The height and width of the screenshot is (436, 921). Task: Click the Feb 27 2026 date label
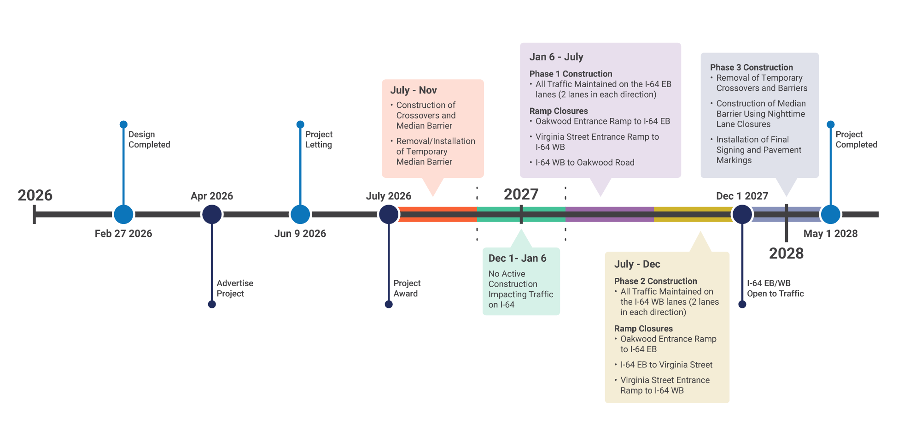(123, 234)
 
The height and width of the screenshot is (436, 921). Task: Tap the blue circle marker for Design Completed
(123, 214)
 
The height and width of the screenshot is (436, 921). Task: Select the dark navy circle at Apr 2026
(212, 214)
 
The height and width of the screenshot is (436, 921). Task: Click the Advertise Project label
(234, 289)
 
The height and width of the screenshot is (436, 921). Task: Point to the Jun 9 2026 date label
(300, 234)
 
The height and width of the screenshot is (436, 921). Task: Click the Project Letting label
(319, 139)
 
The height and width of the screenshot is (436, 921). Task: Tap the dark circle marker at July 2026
(389, 214)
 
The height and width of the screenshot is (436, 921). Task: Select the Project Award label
(407, 289)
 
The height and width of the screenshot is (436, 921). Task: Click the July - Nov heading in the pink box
(413, 90)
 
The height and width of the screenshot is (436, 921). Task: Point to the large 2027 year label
(521, 194)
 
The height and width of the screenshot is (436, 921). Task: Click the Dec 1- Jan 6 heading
(517, 259)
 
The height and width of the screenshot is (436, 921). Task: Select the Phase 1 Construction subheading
(571, 74)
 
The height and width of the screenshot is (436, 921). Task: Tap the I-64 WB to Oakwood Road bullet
(584, 163)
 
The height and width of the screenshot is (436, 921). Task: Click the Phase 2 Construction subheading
(655, 281)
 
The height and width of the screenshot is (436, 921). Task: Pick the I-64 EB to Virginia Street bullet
(666, 365)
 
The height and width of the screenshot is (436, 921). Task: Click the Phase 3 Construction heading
(751, 67)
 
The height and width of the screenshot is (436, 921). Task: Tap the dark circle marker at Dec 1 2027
(742, 214)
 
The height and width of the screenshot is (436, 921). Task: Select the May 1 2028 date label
(830, 234)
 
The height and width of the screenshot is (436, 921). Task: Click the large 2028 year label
(786, 253)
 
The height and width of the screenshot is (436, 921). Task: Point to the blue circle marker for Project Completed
(830, 214)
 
